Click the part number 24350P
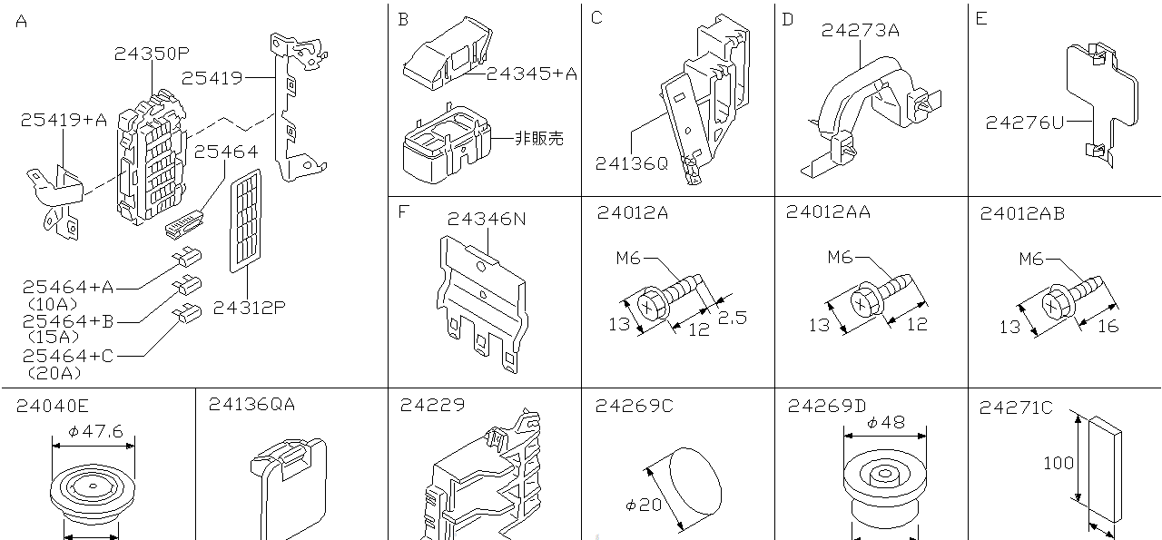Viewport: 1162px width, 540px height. click(152, 54)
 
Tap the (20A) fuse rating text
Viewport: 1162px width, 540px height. click(54, 372)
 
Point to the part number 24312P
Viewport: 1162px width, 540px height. click(250, 308)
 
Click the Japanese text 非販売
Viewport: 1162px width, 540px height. click(539, 138)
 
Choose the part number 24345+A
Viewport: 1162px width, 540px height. click(531, 74)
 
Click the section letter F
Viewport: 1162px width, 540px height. click(403, 212)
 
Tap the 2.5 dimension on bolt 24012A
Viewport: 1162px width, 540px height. click(733, 318)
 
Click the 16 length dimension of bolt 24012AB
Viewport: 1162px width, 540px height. click(1108, 327)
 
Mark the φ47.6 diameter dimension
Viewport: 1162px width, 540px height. click(94, 432)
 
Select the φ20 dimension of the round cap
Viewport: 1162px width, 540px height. click(644, 505)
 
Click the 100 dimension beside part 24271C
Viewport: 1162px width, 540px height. click(1059, 463)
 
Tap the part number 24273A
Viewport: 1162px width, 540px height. click(860, 30)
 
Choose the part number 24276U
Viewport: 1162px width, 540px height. click(1024, 123)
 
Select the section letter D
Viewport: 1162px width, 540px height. click(788, 19)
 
